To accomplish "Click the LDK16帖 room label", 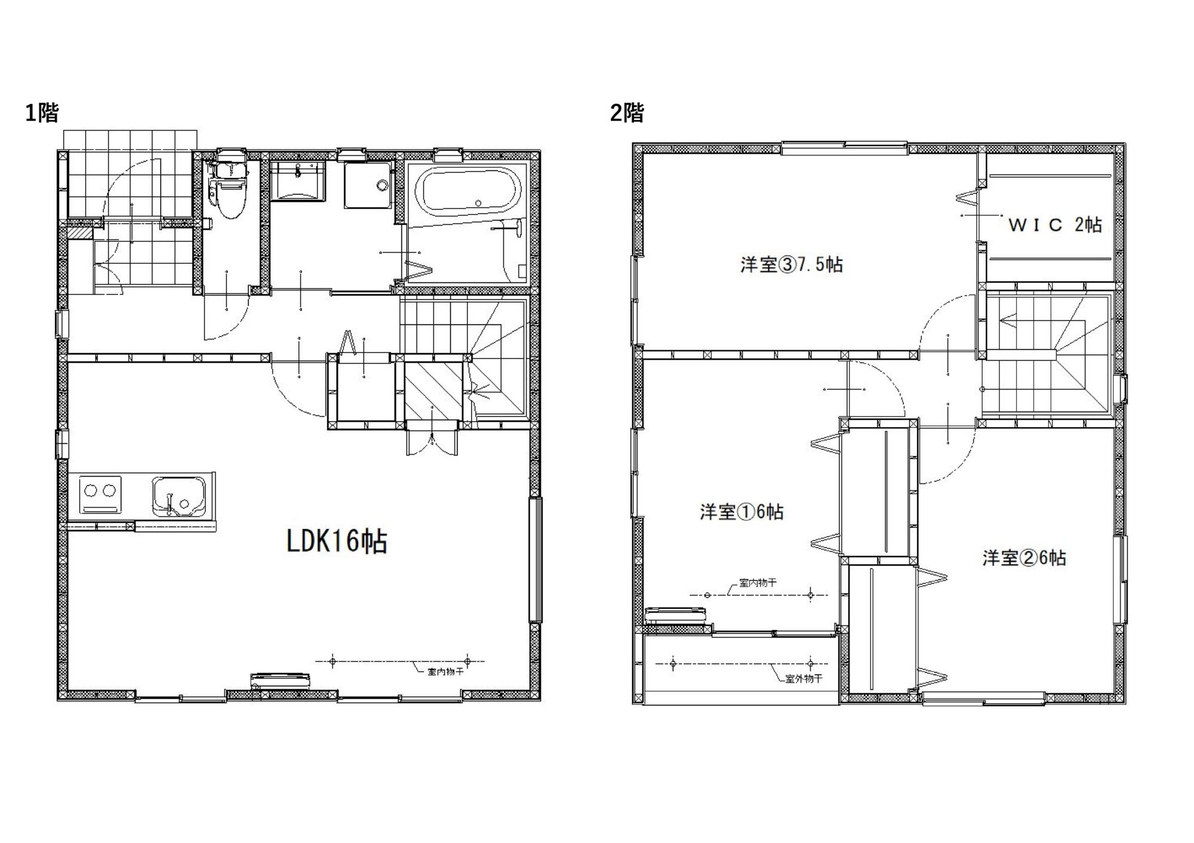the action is click(x=337, y=542).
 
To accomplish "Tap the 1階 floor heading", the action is click(x=42, y=112).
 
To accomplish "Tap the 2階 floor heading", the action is click(x=627, y=112).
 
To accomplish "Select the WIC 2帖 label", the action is click(x=1055, y=225).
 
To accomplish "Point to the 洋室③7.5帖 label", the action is click(x=792, y=264).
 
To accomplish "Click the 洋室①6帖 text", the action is click(x=741, y=512).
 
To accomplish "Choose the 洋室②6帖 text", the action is click(x=1024, y=558).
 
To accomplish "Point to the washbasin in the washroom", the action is click(x=297, y=180).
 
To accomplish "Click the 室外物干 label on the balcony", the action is click(x=804, y=679).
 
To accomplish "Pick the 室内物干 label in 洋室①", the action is click(x=758, y=583).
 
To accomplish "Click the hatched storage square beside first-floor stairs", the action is click(x=434, y=391).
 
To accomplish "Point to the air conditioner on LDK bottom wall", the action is click(x=281, y=681).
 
